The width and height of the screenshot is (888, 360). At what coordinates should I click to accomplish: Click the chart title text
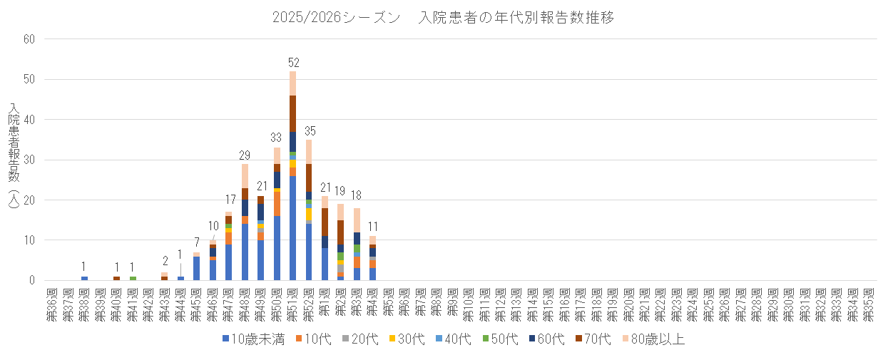click(443, 18)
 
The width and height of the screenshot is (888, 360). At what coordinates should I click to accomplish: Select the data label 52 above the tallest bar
click(292, 63)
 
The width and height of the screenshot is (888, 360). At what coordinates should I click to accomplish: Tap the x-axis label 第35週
click(869, 305)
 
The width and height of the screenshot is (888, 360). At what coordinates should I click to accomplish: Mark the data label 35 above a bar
click(309, 131)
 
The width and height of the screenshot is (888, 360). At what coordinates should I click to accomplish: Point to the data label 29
click(245, 155)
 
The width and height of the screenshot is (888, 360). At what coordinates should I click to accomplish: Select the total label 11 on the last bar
click(372, 227)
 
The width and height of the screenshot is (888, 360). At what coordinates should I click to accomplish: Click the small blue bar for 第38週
click(84, 278)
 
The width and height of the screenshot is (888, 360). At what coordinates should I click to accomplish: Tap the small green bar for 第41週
click(133, 278)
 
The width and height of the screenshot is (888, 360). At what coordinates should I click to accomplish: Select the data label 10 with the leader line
click(213, 226)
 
